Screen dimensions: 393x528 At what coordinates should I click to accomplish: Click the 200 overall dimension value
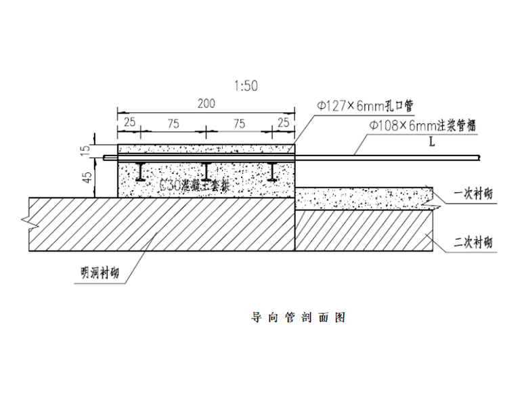coord(206,104)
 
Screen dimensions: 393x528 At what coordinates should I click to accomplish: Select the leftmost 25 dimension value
coord(128,122)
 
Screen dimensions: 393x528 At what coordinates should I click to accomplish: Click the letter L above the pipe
coord(431,142)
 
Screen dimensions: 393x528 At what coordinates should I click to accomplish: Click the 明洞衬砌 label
coord(95,274)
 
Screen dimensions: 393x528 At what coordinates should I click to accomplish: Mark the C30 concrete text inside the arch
coord(193,184)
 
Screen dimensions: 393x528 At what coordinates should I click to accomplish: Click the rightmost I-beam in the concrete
coord(272,172)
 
